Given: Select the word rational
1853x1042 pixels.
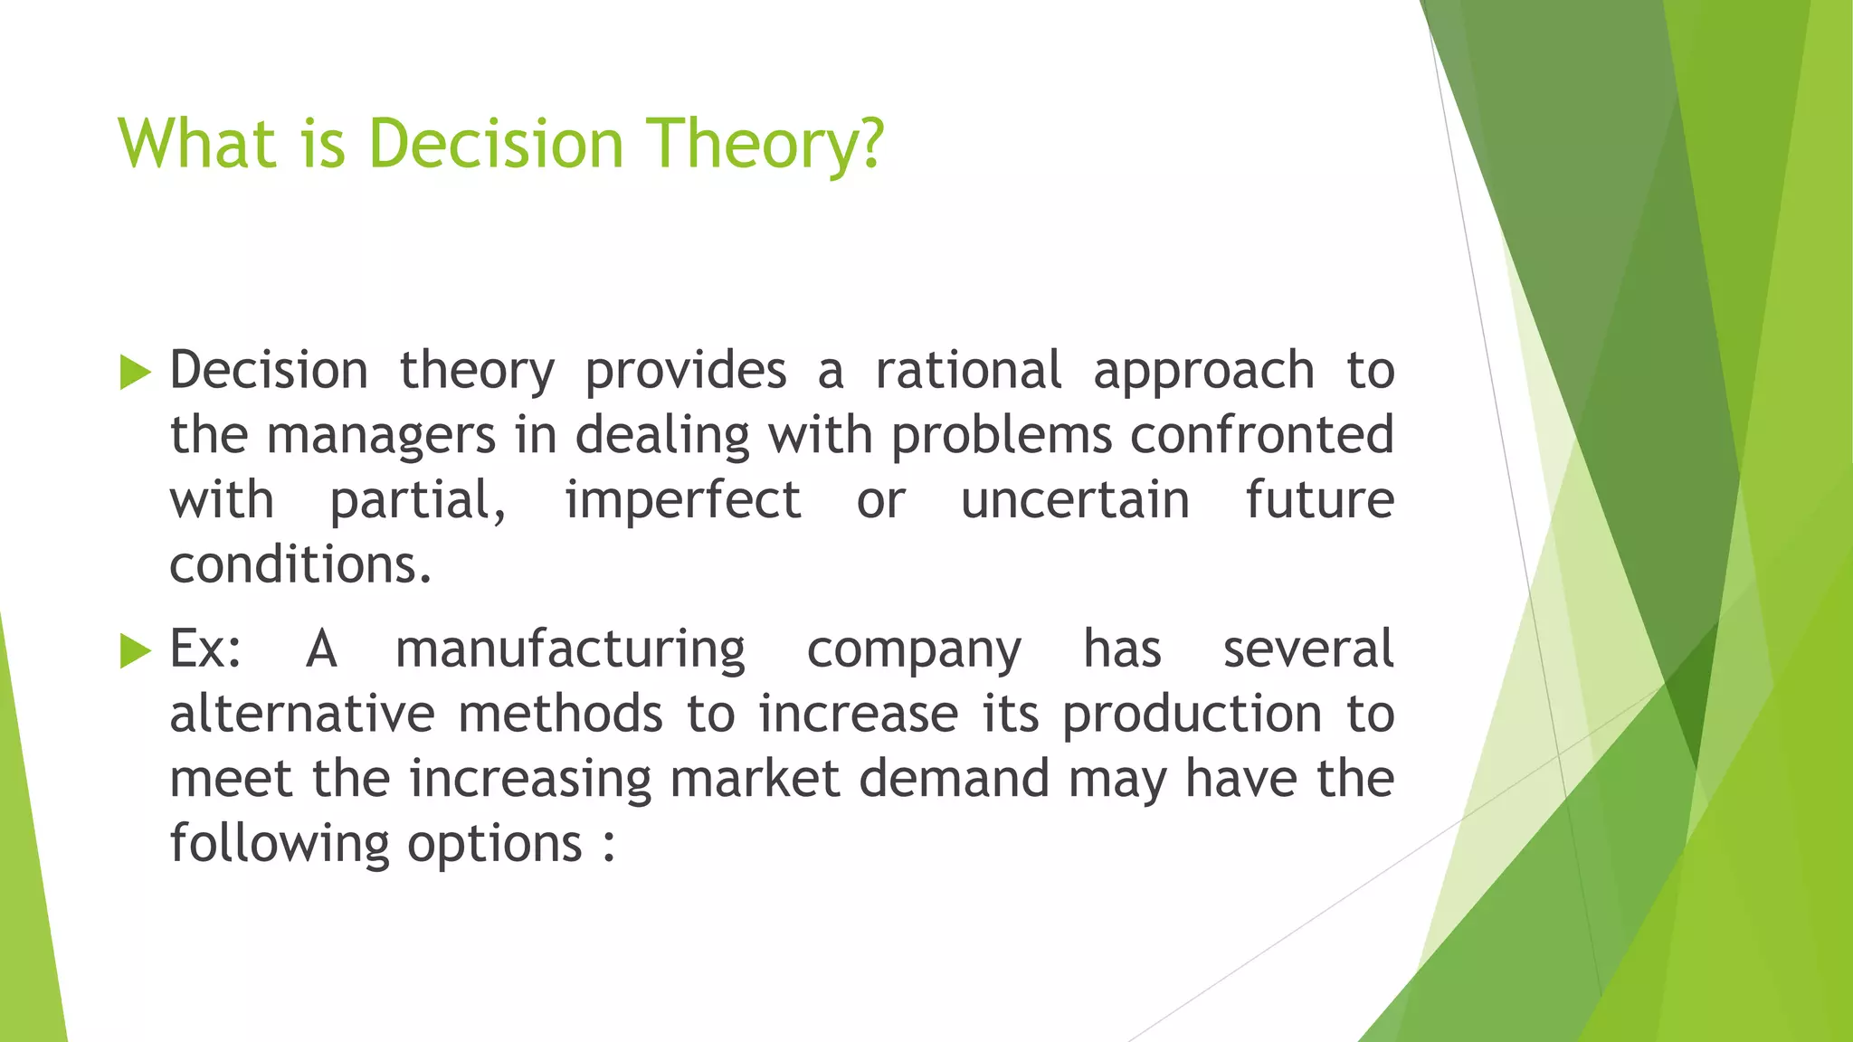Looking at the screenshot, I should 968,371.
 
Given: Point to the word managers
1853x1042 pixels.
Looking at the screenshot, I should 381,437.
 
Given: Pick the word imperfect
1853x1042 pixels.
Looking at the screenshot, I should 683,500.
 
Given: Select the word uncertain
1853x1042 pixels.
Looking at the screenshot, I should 1074,500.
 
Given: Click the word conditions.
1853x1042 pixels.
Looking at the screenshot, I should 300,565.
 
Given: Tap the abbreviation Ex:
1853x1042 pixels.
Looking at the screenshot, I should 206,649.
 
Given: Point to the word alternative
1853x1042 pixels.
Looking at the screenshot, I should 302,714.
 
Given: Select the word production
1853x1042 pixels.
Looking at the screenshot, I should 1192,715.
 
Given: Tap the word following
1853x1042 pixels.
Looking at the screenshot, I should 280,844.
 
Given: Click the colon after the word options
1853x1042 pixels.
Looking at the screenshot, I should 609,846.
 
